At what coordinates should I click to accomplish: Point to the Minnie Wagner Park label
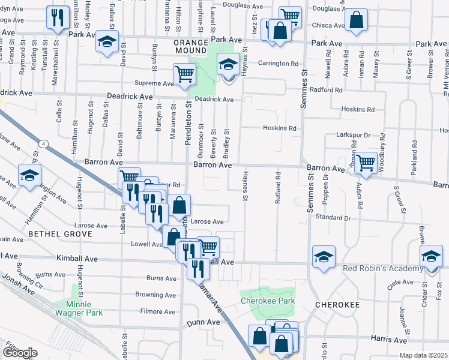coord(79,308)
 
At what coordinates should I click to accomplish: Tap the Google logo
coord(20,353)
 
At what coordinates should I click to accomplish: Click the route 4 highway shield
coord(44,143)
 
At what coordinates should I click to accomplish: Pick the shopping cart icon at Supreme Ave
coord(184,74)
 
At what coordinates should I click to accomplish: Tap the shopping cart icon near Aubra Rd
coord(365,162)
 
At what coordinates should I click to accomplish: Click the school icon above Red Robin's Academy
coord(324,256)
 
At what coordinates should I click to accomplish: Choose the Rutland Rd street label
coord(278,188)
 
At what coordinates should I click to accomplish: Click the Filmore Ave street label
coord(157,311)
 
